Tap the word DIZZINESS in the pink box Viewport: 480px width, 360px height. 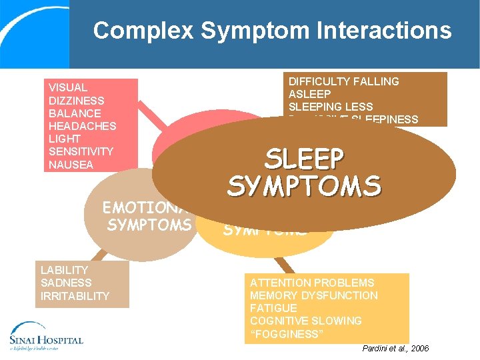tap(76, 101)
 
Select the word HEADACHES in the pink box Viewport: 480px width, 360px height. tap(82, 126)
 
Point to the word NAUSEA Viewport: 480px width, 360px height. tap(71, 165)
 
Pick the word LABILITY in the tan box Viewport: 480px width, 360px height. tap(64, 270)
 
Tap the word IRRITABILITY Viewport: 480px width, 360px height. tap(75, 295)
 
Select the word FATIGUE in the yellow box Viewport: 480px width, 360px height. tap(273, 308)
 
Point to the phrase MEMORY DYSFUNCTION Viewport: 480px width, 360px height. tap(313, 295)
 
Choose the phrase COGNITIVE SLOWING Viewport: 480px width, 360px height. tap(305, 321)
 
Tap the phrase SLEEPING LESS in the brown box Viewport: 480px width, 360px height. tap(331, 107)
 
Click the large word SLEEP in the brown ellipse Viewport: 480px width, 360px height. tap(304, 160)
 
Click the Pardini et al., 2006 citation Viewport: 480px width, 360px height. tap(395, 349)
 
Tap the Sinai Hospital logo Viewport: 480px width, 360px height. tap(47, 336)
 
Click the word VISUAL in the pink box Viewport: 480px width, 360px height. tap(68, 87)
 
